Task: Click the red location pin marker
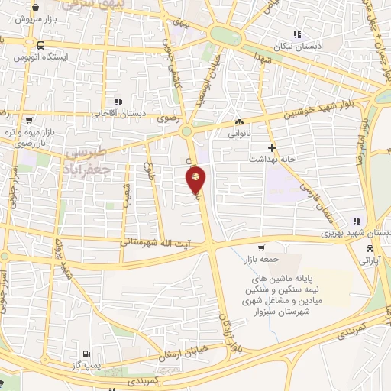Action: point(195,179)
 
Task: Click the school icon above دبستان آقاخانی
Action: point(118,102)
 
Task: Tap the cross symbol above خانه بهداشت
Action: point(271,146)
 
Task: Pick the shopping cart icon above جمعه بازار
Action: point(261,247)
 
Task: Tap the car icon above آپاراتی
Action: point(370,249)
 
